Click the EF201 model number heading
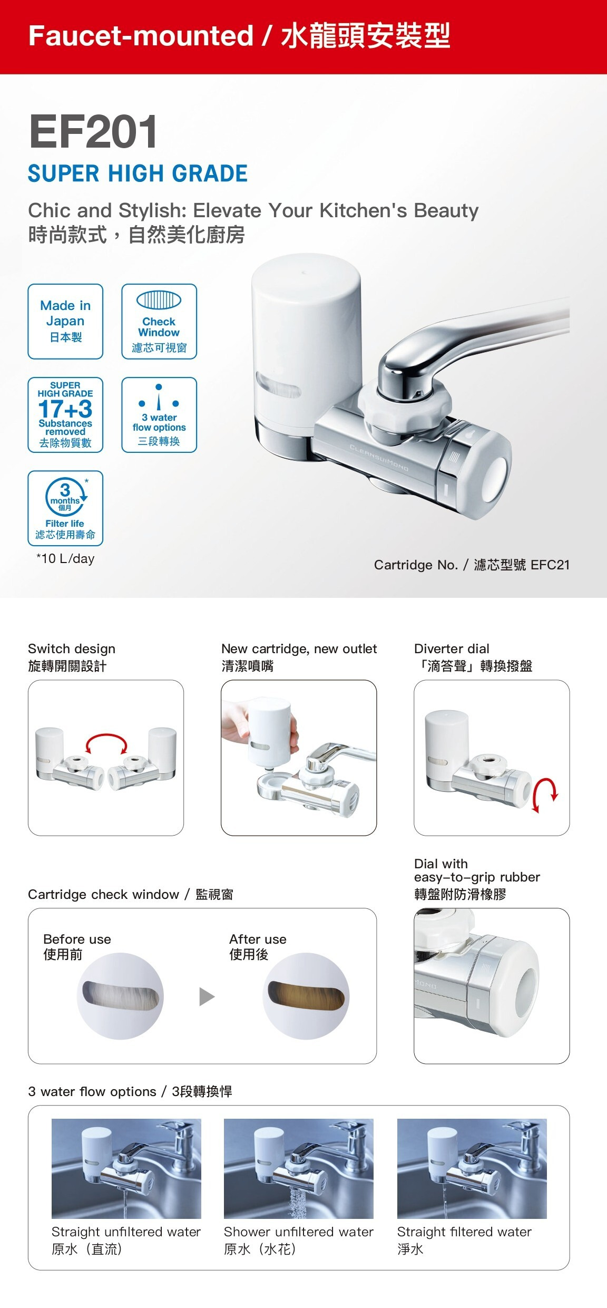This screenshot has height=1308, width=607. pyautogui.click(x=93, y=132)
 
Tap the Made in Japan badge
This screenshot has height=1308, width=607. pyautogui.click(x=65, y=322)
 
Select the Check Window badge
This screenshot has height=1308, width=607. pyautogui.click(x=159, y=322)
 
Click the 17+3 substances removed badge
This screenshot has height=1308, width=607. pyautogui.click(x=65, y=415)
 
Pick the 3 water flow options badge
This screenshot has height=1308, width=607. pyautogui.click(x=159, y=415)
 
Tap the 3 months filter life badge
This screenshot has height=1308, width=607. pyautogui.click(x=65, y=508)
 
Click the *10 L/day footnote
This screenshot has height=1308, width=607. pyautogui.click(x=65, y=559)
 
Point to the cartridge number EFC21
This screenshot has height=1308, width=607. pyautogui.click(x=550, y=565)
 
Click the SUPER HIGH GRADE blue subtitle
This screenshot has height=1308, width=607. pyautogui.click(x=138, y=173)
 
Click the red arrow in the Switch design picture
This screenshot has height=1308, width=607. pyautogui.click(x=106, y=737)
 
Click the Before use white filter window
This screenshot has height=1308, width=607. pyautogui.click(x=121, y=996)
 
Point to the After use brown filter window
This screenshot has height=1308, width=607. pyautogui.click(x=306, y=996)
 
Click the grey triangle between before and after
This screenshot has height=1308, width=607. pyautogui.click(x=207, y=997)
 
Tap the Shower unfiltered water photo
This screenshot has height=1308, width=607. pyautogui.click(x=299, y=1169)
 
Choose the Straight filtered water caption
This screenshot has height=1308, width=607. pyautogui.click(x=464, y=1232)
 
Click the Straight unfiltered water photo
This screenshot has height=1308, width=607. pyautogui.click(x=126, y=1169)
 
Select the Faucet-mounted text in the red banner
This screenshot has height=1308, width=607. pyautogui.click(x=141, y=36)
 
